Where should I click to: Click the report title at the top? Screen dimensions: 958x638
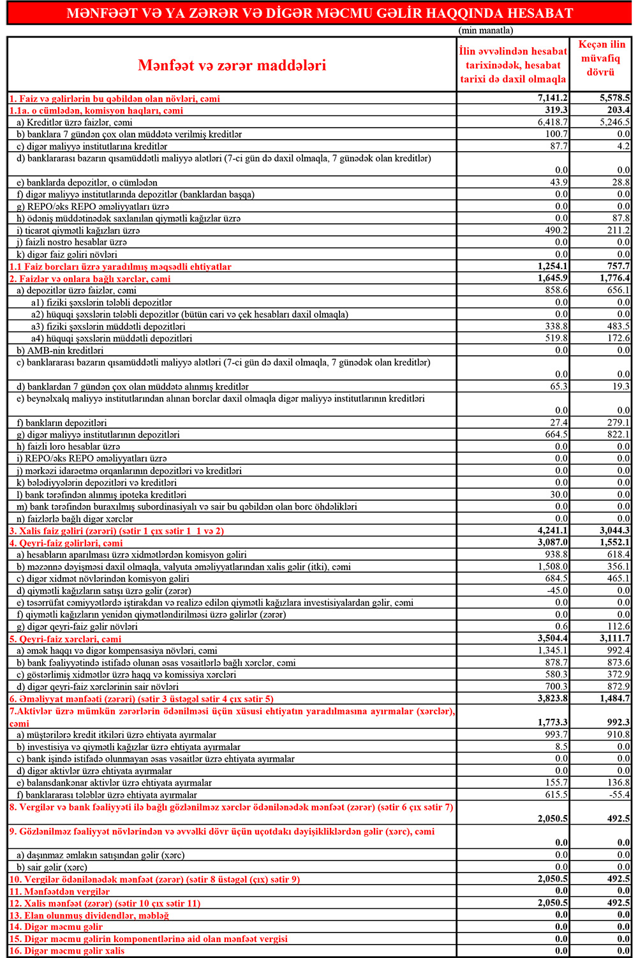click(320, 13)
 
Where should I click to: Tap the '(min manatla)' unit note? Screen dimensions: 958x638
click(486, 30)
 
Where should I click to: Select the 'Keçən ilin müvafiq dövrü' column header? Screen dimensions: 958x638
click(601, 58)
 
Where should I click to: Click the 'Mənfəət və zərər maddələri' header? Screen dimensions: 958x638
click(232, 65)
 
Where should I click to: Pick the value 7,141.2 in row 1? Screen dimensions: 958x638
click(553, 98)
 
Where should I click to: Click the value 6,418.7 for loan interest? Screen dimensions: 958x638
click(553, 122)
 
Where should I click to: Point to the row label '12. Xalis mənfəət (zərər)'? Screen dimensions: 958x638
click(105, 903)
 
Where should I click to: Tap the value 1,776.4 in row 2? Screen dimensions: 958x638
click(614, 279)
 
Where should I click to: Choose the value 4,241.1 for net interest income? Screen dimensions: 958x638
click(553, 531)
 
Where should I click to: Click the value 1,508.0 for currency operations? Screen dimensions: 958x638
click(553, 566)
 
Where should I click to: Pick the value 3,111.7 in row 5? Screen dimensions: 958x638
click(614, 638)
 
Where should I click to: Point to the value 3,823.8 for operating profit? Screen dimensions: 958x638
click(553, 698)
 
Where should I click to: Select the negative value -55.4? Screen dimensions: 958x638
click(618, 795)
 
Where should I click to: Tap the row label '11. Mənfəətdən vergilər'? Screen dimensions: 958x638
click(59, 891)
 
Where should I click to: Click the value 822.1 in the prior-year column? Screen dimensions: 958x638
click(618, 434)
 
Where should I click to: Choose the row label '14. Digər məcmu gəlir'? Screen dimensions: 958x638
click(56, 927)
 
